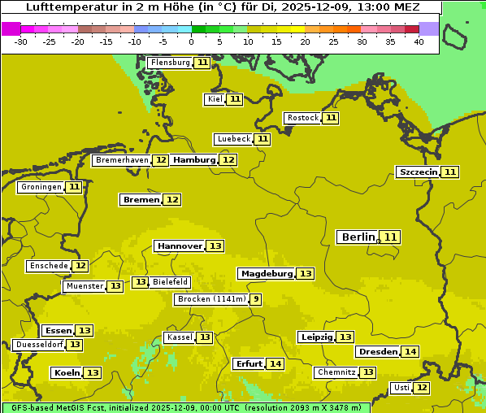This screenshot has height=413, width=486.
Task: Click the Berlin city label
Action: (x=358, y=237)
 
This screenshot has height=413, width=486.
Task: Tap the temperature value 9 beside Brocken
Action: (x=256, y=299)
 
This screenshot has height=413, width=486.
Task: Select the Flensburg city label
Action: (x=171, y=63)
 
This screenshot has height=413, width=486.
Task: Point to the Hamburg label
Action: (x=194, y=160)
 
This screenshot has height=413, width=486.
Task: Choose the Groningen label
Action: (x=41, y=187)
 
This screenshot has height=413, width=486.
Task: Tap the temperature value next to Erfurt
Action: (x=276, y=363)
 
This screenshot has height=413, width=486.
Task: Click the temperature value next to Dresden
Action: (x=410, y=352)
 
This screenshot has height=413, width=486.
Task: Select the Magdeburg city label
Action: (x=267, y=274)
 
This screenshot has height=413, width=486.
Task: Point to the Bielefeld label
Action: (x=171, y=282)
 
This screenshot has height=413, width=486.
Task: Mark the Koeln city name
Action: (x=67, y=373)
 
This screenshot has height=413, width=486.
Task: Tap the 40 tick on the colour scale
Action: (x=419, y=41)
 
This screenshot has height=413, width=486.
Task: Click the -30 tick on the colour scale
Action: (x=21, y=41)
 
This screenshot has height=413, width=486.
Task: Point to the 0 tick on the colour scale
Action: (x=192, y=41)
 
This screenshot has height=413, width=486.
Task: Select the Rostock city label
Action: (x=302, y=118)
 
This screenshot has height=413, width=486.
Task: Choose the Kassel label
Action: (x=179, y=337)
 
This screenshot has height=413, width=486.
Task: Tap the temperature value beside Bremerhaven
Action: (x=161, y=160)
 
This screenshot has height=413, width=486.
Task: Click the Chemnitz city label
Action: (x=336, y=372)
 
